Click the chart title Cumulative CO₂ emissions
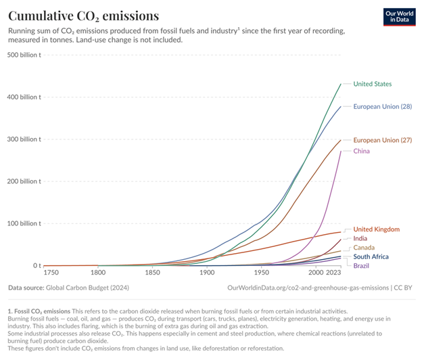click(84, 15)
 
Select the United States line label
click(373, 84)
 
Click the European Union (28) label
click(383, 106)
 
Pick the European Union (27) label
click(383, 140)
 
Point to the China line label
click(362, 151)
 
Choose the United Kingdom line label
click(377, 229)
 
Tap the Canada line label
click(364, 248)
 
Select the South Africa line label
click(371, 257)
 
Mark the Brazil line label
click(361, 266)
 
